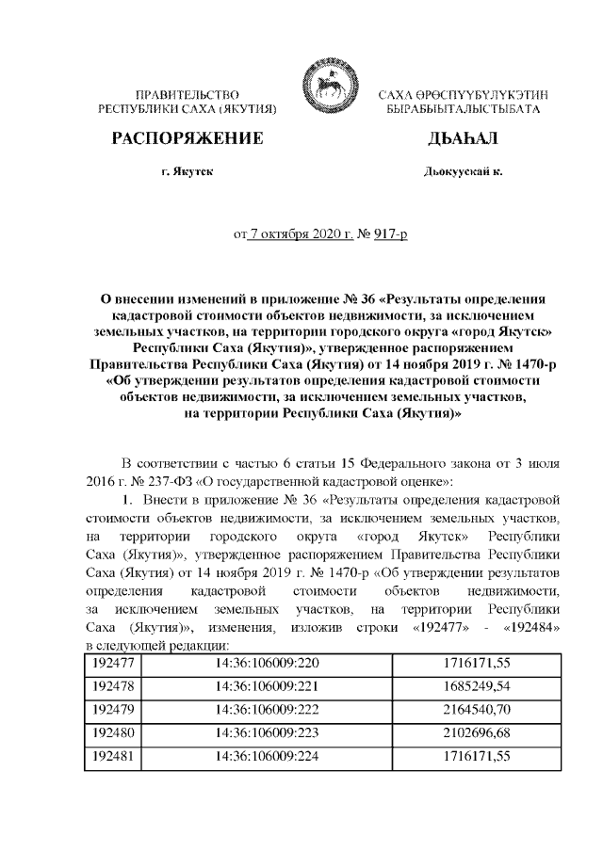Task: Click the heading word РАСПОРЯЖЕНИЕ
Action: tap(187, 140)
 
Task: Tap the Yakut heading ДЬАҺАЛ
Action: tap(462, 140)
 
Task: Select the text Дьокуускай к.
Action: tap(463, 173)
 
